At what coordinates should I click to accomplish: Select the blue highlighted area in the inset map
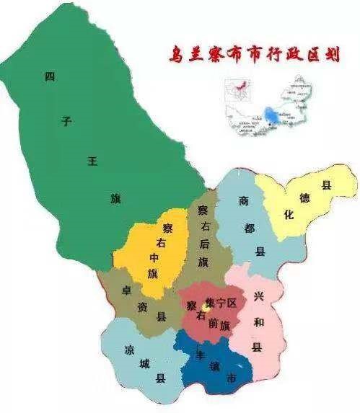[x=271, y=115]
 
